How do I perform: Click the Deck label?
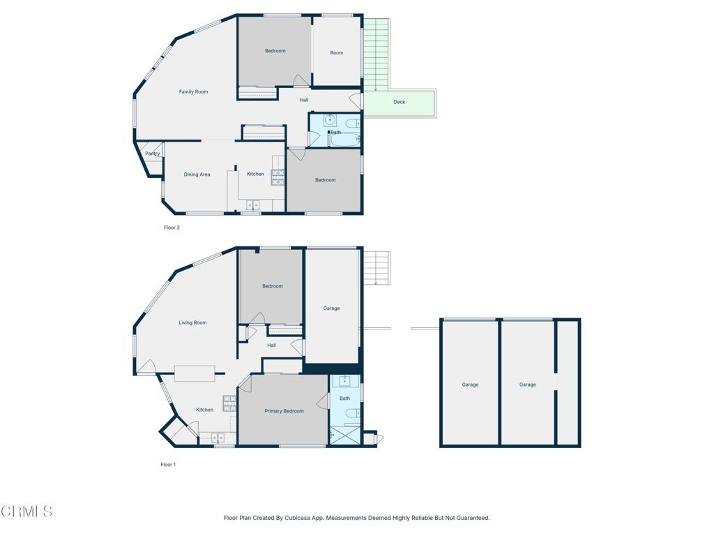tap(399, 102)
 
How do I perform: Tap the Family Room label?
tap(193, 92)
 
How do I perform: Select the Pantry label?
tap(153, 154)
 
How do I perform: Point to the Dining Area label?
tap(197, 174)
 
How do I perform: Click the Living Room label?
tap(192, 322)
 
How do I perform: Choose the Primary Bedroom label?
tap(284, 411)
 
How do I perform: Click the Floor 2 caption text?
tap(172, 228)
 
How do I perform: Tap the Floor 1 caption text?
tap(168, 465)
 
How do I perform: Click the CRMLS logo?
tap(26, 512)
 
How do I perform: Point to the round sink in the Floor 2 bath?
tap(330, 119)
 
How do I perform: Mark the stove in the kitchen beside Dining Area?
tap(278, 177)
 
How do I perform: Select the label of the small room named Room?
tap(337, 53)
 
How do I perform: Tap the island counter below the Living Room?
tap(195, 373)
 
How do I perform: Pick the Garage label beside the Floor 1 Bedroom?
tap(331, 308)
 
